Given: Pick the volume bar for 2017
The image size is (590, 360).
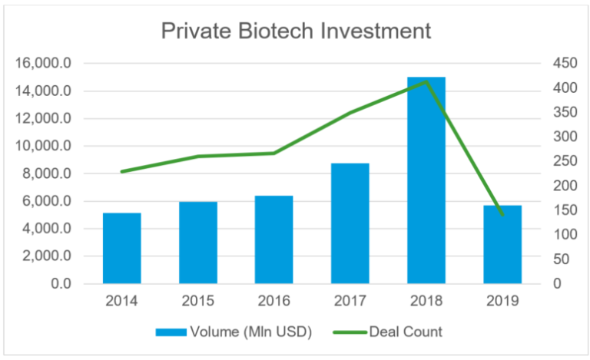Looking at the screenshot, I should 350,223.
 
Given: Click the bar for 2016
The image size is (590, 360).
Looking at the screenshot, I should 274,239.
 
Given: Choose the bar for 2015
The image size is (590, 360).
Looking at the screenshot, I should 198,243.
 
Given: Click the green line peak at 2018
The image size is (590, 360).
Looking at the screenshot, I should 426,81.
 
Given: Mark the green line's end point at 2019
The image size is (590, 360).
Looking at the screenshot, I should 502,215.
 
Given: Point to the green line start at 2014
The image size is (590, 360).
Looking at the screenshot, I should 122,172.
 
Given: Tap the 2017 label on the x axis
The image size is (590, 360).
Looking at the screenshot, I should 350,302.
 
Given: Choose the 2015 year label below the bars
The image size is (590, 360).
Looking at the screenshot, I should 198,302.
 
